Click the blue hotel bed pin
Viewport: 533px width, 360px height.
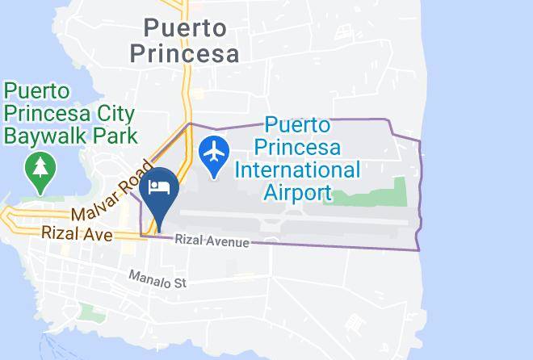159,189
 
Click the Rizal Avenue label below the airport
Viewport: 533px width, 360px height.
212,242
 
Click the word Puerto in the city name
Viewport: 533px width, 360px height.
184,28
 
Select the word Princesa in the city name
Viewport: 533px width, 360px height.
185,54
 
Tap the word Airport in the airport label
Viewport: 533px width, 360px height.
297,192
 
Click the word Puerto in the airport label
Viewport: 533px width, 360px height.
297,126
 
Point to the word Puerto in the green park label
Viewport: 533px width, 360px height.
37,90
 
